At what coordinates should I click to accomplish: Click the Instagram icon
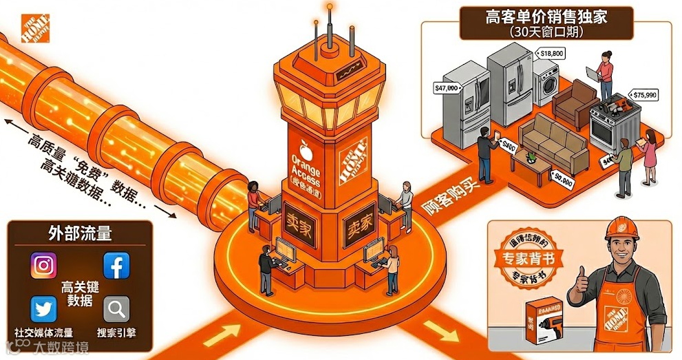43,265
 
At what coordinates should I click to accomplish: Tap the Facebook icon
116,265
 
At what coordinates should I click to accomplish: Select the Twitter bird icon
43,309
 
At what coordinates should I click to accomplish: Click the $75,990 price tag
644,94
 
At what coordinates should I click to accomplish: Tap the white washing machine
546,81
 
